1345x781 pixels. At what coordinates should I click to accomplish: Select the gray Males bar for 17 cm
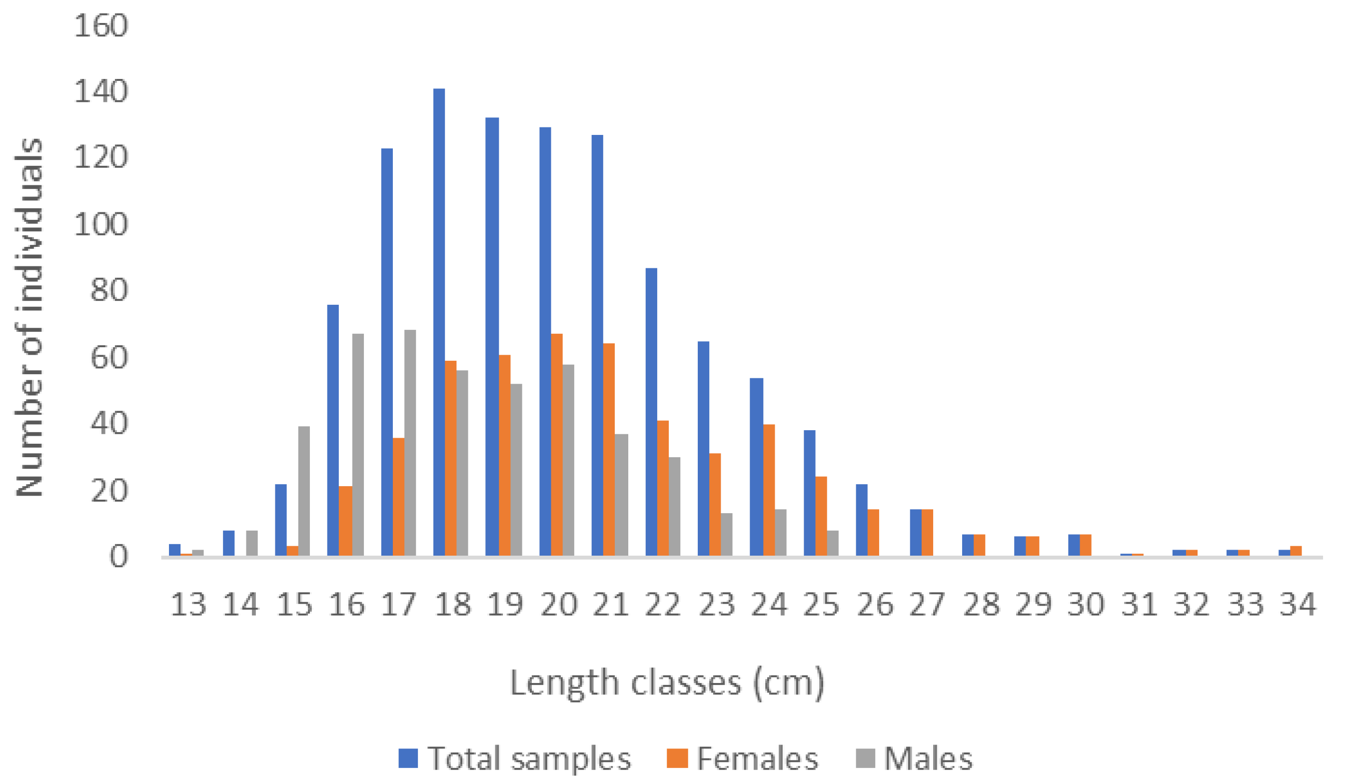pos(410,443)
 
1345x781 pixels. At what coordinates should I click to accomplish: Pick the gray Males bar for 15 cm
pos(304,491)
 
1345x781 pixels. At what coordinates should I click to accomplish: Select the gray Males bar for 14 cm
pos(251,543)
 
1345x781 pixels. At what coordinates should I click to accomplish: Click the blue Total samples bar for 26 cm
pos(862,520)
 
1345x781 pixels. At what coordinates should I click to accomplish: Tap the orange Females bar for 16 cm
pos(345,521)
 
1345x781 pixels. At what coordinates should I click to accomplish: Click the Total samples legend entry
pos(528,758)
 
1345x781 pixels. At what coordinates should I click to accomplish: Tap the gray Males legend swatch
pos(865,758)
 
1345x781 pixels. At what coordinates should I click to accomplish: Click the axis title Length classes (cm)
pos(667,683)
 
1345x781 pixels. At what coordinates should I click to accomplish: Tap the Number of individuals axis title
pos(29,317)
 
